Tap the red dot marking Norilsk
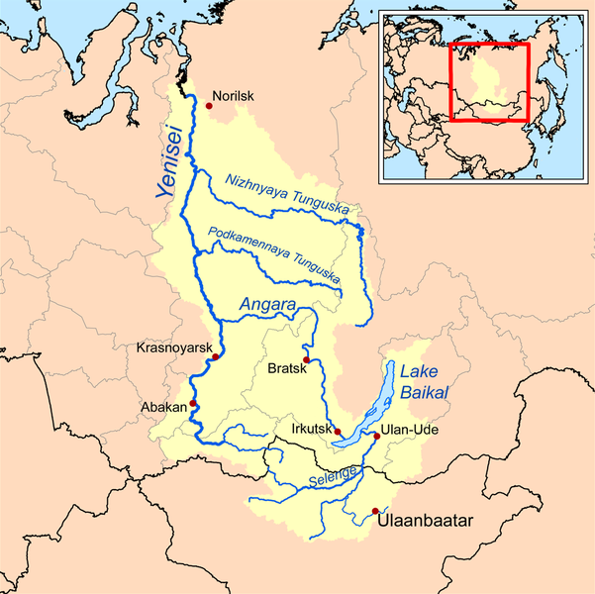[209, 98]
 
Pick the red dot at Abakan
[193, 404]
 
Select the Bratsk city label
[289, 369]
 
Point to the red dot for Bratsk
[307, 359]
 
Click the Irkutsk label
[313, 430]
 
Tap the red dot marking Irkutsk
[337, 432]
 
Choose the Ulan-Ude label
[408, 431]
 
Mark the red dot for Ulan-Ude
[377, 436]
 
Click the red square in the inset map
[490, 81]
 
